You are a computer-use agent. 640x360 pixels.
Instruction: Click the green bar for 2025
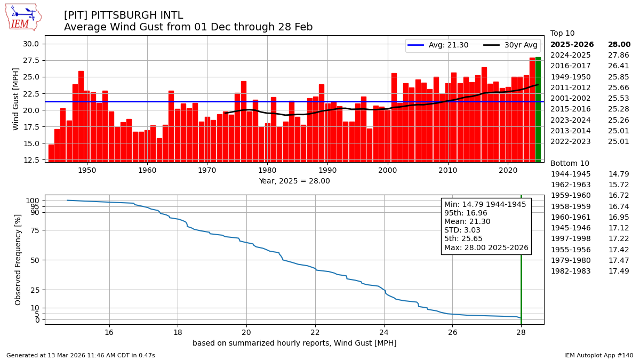538,109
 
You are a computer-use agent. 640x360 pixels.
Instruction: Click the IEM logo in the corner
23,17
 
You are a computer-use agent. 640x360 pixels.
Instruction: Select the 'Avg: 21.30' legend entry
438,45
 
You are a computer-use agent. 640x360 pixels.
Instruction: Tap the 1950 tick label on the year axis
87,171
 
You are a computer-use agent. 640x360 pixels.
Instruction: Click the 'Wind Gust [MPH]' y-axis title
16,99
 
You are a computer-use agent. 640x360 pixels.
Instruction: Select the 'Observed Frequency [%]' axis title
18,259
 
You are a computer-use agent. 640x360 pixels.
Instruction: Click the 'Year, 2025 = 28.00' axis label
294,181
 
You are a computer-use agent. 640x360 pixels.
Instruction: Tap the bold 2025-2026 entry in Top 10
572,45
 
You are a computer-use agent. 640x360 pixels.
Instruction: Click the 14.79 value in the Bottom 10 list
619,174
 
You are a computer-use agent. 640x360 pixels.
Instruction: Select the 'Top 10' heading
562,34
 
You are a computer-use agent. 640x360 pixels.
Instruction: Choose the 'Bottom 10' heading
570,163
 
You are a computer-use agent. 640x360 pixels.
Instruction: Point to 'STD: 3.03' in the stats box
462,230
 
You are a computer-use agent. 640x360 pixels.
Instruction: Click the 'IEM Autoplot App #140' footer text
598,355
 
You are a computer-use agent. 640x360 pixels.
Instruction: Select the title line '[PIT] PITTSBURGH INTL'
123,15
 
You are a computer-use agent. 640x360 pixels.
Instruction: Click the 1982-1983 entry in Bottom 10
570,271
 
